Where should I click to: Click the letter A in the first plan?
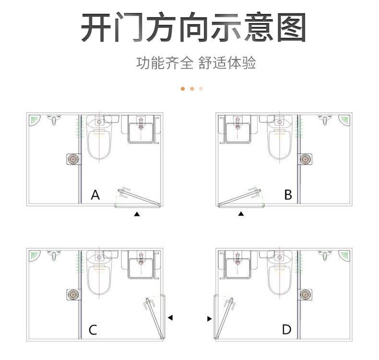[x=95, y=194]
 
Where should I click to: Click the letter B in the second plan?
[x=288, y=194]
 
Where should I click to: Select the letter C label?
[x=93, y=330]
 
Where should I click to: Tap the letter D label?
[x=286, y=330]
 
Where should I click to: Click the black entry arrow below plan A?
[x=137, y=214]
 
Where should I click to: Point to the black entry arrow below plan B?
[x=241, y=214]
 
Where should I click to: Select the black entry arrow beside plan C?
[x=170, y=317]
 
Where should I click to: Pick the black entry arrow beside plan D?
[x=209, y=319]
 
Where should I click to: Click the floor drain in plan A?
[x=73, y=159]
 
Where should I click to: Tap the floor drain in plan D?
[x=305, y=294]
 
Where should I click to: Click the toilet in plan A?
[x=99, y=137]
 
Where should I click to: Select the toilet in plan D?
[x=279, y=273]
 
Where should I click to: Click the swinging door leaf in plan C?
[x=154, y=318]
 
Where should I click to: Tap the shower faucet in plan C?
[x=54, y=255]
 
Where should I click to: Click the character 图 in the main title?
[x=291, y=27]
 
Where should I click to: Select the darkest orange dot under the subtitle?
[x=183, y=89]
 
